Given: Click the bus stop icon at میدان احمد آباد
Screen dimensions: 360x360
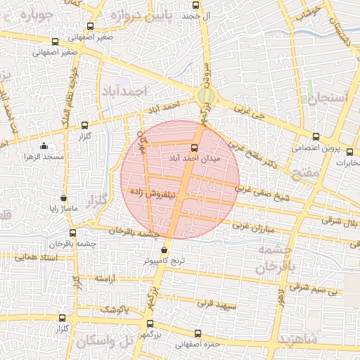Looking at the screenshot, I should coord(195,148).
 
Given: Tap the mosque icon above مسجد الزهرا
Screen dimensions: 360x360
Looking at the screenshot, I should coord(44,146).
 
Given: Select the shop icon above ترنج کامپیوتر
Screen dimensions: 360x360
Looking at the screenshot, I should coord(165,250).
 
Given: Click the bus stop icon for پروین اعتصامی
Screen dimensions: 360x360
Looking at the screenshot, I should coord(314,138).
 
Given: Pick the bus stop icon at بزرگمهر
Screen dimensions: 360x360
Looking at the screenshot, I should coord(149,324).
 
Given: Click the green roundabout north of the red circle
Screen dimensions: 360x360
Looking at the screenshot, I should coord(205,96).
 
